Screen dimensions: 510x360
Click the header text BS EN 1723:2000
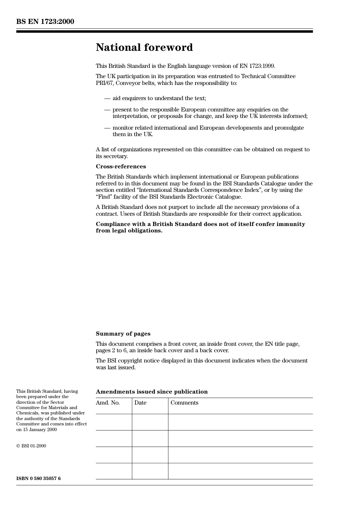point(45,22)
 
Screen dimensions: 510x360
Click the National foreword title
point(144,47)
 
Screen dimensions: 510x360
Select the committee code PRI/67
point(104,83)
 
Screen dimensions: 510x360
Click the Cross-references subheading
point(121,166)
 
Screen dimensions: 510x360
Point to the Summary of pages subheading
point(123,334)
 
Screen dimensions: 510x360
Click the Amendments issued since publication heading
point(152,392)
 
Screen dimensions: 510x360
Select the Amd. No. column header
point(108,403)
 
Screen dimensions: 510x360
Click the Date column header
point(140,403)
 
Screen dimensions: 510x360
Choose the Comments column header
point(184,403)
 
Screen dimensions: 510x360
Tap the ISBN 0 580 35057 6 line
point(38,479)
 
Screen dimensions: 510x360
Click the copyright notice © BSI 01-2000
point(31,446)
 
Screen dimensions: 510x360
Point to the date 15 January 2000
point(39,430)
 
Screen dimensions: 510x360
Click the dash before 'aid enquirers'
point(107,98)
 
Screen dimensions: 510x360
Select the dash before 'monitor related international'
point(107,128)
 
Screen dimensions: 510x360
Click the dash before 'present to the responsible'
point(107,110)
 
